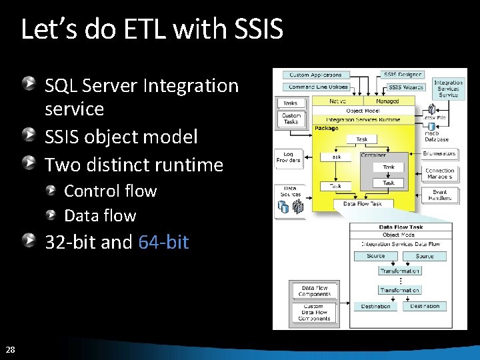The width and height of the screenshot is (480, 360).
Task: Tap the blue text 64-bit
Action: click(x=163, y=242)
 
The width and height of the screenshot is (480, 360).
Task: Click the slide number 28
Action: click(x=10, y=349)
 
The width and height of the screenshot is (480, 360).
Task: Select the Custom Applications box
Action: click(x=316, y=75)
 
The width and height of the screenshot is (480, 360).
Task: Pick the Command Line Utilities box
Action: click(x=319, y=87)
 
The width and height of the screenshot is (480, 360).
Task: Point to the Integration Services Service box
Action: click(x=448, y=89)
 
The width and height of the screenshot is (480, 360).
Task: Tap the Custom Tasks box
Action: click(x=291, y=119)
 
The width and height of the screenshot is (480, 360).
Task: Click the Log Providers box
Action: click(x=289, y=157)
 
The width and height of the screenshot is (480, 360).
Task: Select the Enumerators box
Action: click(x=440, y=154)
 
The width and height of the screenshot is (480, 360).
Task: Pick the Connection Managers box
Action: click(x=440, y=173)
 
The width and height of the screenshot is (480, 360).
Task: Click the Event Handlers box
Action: click(x=440, y=194)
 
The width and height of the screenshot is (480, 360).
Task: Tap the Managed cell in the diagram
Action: click(x=387, y=101)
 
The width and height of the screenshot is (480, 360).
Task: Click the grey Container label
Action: click(x=373, y=155)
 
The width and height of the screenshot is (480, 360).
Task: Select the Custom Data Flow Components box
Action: click(x=314, y=312)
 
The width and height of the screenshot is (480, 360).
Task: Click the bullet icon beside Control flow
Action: click(x=51, y=191)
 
